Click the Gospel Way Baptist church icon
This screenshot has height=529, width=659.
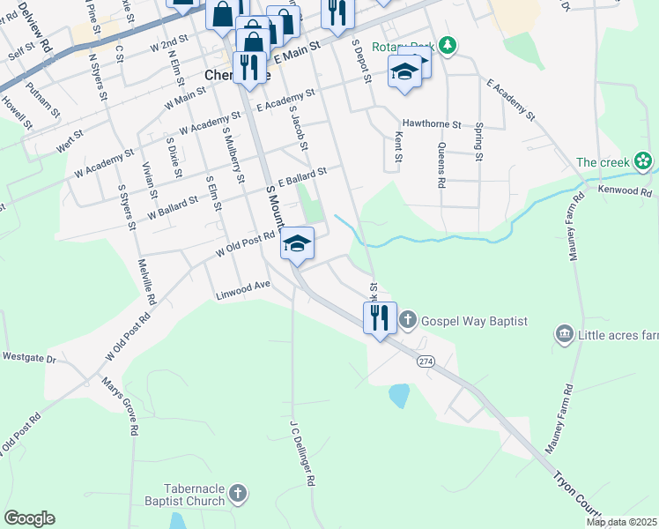[407, 319]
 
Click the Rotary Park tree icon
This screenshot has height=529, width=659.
[448, 45]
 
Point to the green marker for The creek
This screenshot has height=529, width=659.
[644, 161]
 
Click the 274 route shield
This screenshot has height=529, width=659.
[426, 361]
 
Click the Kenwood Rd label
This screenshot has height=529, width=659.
[624, 190]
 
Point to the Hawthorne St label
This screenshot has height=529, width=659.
[432, 124]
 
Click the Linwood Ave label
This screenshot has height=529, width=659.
[242, 291]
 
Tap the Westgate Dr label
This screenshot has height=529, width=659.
[29, 358]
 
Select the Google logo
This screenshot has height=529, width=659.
[29, 518]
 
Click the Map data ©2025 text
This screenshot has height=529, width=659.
[621, 522]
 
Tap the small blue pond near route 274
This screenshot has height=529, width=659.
[399, 395]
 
